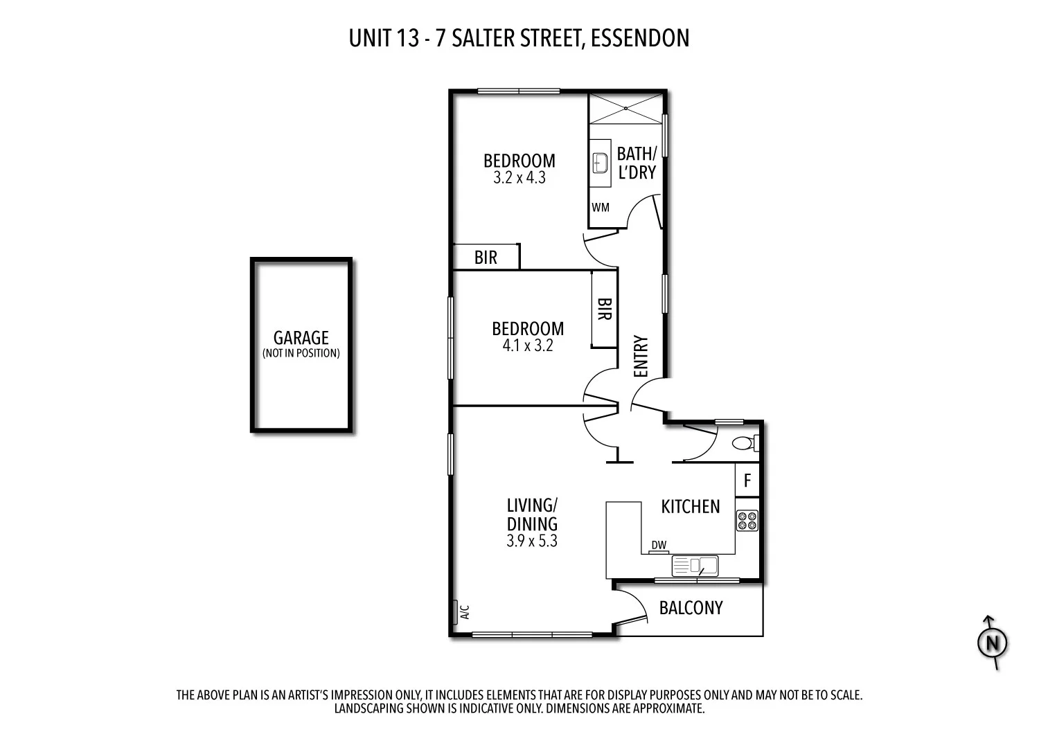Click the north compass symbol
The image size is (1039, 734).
pyautogui.click(x=992, y=643)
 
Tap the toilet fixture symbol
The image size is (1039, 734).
pyautogui.click(x=745, y=442)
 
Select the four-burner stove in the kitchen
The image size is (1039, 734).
pyautogui.click(x=747, y=520)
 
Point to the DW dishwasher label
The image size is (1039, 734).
pyautogui.click(x=659, y=546)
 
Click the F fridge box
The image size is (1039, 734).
pyautogui.click(x=747, y=481)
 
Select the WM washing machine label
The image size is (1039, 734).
pyautogui.click(x=601, y=207)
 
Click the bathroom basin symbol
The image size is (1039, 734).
pyautogui.click(x=600, y=164)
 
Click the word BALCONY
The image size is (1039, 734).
pyautogui.click(x=691, y=608)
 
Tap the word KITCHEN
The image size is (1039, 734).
pyautogui.click(x=691, y=507)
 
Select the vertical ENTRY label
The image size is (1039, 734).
pyautogui.click(x=641, y=357)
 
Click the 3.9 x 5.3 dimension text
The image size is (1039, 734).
pyautogui.click(x=531, y=541)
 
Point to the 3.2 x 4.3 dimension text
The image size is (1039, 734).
pyautogui.click(x=519, y=178)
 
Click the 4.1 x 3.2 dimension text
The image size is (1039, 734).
pyautogui.click(x=528, y=346)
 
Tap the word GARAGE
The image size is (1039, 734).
pyautogui.click(x=301, y=338)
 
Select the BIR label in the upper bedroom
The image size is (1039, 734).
pyautogui.click(x=486, y=258)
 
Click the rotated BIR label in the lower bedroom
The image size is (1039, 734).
pyautogui.click(x=604, y=309)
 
